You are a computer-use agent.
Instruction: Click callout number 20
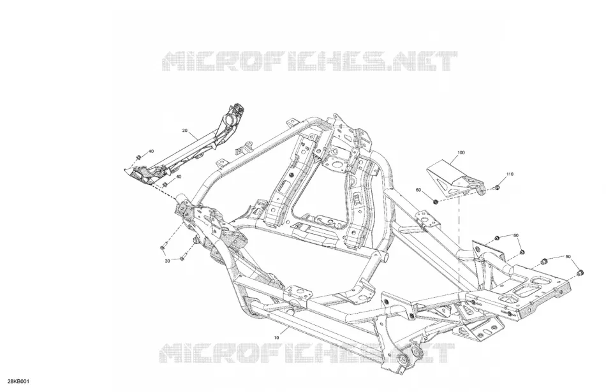click(184, 131)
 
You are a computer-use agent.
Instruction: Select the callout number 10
click(276, 338)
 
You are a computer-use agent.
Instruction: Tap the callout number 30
click(167, 261)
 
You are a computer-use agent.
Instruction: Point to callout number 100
click(461, 152)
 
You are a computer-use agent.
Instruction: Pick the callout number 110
click(510, 174)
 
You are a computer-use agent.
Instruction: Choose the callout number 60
click(418, 190)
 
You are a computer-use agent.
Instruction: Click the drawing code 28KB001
click(18, 382)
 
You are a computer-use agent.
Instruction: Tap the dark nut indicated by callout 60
click(435, 201)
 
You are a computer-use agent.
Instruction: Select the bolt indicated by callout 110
click(497, 188)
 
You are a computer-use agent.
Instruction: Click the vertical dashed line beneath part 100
click(459, 243)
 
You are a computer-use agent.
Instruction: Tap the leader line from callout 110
click(503, 181)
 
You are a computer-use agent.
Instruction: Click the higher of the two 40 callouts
click(151, 151)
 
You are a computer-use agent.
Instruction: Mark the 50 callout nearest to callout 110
click(516, 235)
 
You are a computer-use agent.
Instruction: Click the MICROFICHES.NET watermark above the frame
click(309, 61)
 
